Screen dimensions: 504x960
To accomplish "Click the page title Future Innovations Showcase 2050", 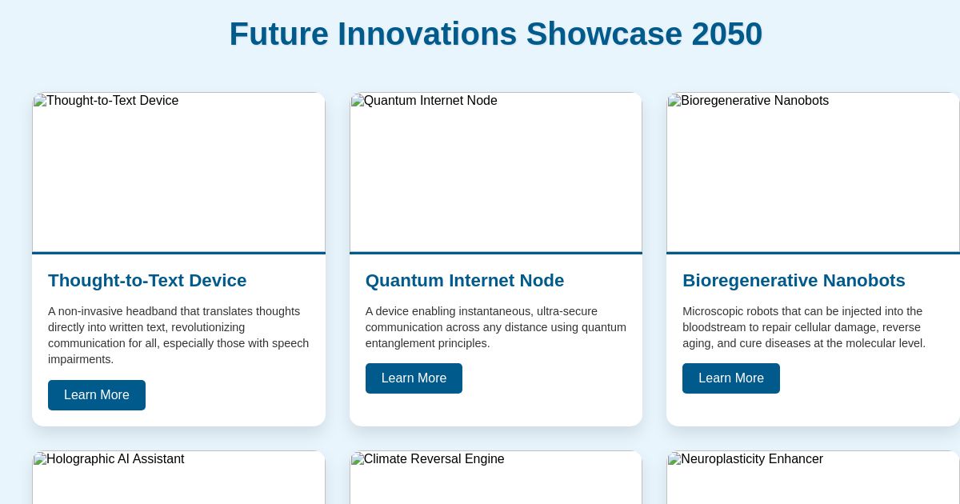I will [495, 34].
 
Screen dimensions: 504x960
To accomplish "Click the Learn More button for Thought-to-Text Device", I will [97, 395].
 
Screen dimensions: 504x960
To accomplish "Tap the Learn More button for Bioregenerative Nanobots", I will [730, 378].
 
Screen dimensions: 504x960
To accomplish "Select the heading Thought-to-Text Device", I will [147, 281].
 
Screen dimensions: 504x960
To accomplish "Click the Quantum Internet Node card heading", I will [465, 281].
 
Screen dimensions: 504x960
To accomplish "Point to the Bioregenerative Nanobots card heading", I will [794, 281].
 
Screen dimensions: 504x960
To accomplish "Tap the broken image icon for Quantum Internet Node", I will [358, 101].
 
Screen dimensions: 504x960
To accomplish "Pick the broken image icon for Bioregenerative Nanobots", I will [674, 101].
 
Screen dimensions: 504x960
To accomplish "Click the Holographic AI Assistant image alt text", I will [115, 459].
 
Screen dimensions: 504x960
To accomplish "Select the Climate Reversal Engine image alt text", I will [434, 459].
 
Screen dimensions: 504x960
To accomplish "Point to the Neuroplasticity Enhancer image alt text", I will [752, 459].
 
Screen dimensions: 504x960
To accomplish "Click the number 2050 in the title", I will [726, 34].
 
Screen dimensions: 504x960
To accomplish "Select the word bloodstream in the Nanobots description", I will [717, 327].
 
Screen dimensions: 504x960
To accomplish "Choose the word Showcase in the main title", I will [604, 34].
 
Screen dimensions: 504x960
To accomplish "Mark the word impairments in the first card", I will [81, 359].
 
